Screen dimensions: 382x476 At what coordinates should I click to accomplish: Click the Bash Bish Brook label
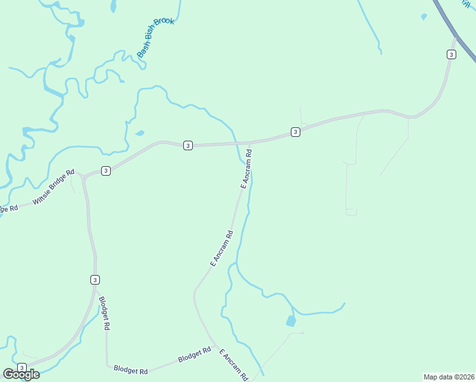click(x=155, y=38)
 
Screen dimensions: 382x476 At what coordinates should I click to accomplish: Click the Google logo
click(x=21, y=374)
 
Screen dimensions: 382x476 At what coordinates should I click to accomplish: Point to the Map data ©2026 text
click(x=449, y=377)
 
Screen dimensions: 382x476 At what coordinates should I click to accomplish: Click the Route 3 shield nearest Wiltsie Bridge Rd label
click(x=106, y=170)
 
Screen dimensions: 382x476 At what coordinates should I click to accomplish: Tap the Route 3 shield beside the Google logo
click(x=22, y=367)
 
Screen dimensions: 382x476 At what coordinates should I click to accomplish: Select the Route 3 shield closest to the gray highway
click(x=451, y=55)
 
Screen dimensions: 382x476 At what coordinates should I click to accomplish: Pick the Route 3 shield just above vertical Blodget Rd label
click(x=94, y=279)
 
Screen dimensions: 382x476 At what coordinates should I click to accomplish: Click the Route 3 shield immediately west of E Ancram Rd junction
click(x=188, y=146)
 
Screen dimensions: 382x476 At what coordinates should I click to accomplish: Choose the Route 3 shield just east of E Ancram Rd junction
click(x=295, y=132)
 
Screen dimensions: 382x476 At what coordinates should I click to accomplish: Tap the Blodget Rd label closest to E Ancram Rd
click(x=194, y=355)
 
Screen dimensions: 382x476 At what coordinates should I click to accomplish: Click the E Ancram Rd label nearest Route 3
click(x=246, y=169)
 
